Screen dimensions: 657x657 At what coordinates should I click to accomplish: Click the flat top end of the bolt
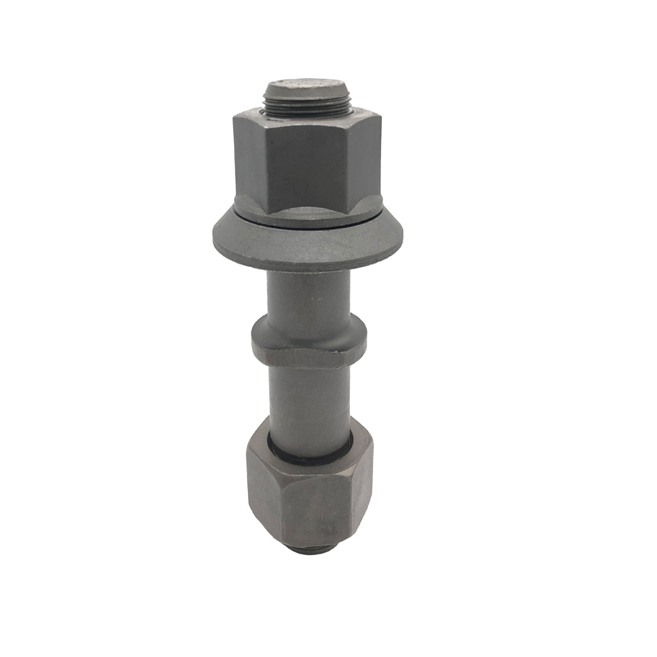pos(306,87)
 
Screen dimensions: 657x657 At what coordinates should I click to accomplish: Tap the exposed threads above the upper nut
pos(306,104)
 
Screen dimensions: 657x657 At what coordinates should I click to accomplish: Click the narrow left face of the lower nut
pos(257,497)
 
